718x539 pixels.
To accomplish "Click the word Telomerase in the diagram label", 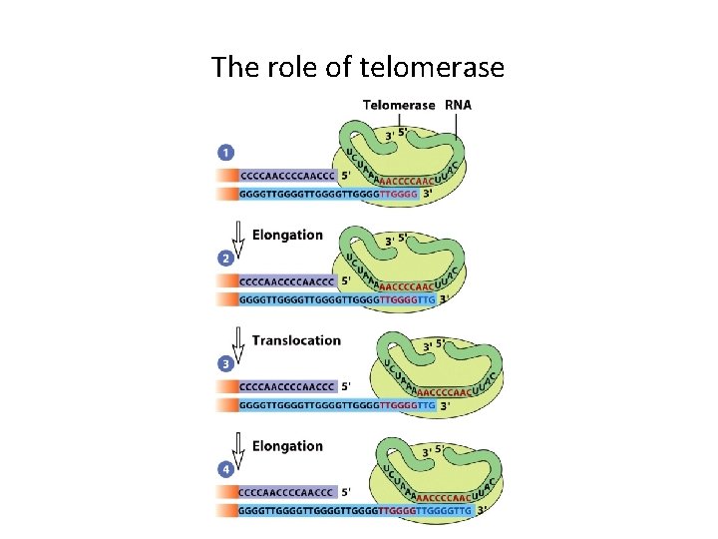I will (x=399, y=104).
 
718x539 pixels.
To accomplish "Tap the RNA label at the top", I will (x=458, y=104).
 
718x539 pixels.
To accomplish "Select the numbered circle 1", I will (x=225, y=153).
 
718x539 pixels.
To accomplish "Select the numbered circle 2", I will (x=225, y=258).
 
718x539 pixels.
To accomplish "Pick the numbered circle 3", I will (x=225, y=363).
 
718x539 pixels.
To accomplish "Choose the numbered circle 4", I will (x=225, y=469).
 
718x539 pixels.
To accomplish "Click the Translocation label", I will (x=296, y=340).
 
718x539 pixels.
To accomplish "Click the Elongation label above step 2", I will (x=287, y=236).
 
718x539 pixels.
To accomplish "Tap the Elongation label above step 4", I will (x=287, y=446).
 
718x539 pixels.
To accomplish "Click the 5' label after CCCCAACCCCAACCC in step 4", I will (x=346, y=492).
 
